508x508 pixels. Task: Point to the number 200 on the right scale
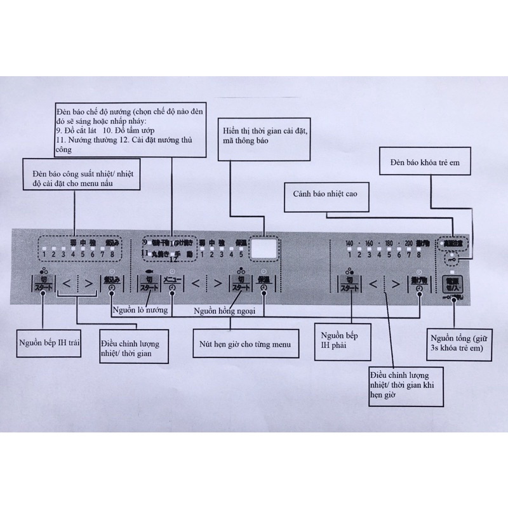(407, 244)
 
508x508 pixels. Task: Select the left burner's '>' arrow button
(87, 284)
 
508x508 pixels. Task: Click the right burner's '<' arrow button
(375, 284)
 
